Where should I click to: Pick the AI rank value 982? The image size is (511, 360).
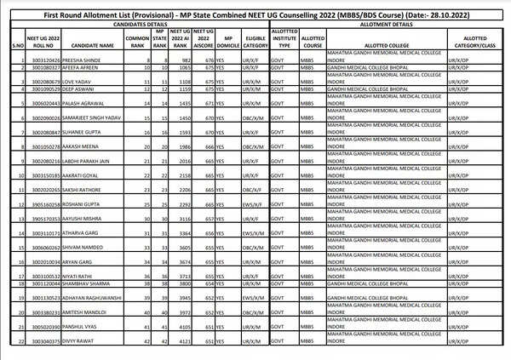[181, 61]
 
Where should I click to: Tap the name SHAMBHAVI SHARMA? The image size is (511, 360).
[89, 283]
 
